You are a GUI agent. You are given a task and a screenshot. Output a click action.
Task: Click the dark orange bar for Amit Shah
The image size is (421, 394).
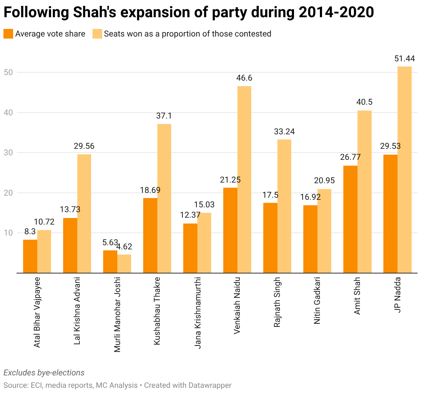tap(350, 219)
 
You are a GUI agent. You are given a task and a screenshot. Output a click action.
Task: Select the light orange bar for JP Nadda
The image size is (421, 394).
tap(404, 170)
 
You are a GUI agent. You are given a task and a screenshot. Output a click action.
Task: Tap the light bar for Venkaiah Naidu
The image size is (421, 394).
tap(244, 179)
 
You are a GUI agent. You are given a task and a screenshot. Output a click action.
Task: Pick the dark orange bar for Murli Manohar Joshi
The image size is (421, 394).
tap(110, 262)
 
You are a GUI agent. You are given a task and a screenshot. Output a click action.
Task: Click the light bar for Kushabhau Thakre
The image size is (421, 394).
tap(164, 198)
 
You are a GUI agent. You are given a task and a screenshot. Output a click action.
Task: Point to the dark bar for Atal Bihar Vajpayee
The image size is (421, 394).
tap(30, 256)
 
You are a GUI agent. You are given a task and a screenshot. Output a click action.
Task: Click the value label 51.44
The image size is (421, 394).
tap(404, 59)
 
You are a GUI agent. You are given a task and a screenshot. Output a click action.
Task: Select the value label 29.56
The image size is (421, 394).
tap(84, 146)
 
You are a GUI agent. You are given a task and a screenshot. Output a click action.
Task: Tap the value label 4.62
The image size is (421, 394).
tap(124, 247)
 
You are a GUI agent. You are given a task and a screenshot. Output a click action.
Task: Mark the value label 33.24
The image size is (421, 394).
tap(284, 132)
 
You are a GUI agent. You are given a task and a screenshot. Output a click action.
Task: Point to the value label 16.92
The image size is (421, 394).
tap(310, 197)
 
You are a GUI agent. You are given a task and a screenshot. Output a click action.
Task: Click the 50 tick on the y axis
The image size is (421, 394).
tap(8, 72)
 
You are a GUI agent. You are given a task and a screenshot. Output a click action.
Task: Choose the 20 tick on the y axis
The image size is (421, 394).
tap(8, 193)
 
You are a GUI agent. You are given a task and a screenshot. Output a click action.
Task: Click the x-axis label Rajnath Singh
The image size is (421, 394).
tap(277, 302)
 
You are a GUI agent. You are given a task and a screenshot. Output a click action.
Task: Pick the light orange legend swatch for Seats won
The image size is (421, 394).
tap(97, 34)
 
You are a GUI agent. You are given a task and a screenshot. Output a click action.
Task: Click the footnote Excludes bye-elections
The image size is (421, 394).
tap(44, 373)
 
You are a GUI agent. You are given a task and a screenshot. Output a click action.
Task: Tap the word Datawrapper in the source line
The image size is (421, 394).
tap(210, 385)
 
